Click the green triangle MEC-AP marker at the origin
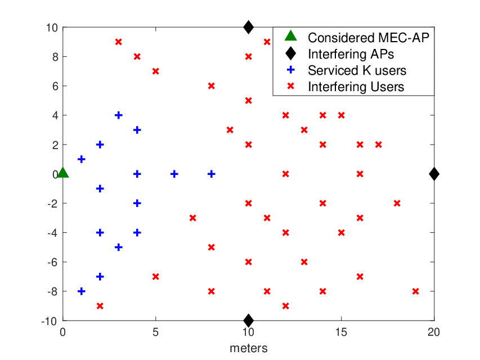tap(63, 173)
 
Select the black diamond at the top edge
tap(248, 27)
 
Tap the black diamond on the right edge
tap(434, 174)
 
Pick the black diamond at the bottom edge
tap(248, 321)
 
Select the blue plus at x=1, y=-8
tap(82, 291)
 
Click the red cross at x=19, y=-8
tap(415, 291)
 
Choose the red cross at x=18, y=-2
tap(397, 203)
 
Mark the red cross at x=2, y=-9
tap(100, 306)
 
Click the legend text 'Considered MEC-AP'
tap(369, 38)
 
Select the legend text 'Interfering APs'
tap(351, 54)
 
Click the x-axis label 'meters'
tap(249, 348)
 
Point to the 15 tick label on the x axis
tap(341, 332)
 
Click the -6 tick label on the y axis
tap(53, 262)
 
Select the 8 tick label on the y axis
tap(55, 57)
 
